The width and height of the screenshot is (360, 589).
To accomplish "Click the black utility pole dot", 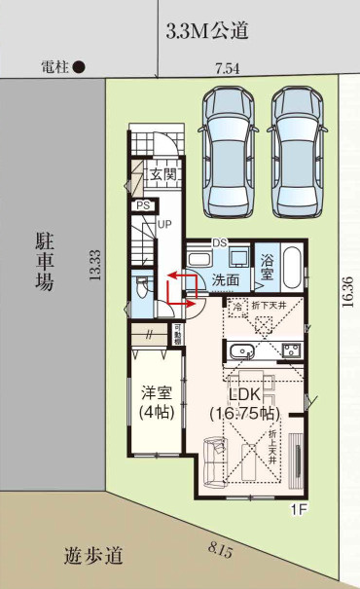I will tap(81, 67).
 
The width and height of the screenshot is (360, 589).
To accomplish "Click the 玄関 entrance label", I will tap(162, 175).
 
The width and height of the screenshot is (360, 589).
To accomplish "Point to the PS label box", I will tap(143, 205).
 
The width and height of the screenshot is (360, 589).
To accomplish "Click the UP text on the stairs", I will tap(164, 223).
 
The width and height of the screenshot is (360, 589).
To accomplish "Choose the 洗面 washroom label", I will tap(226, 278).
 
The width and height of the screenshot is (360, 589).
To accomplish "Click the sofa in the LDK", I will tap(214, 458).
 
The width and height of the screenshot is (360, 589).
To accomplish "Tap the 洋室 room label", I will tap(156, 394).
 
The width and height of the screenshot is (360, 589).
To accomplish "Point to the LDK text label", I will tap(245, 394).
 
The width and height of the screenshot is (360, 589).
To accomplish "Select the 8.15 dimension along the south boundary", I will tap(221, 551).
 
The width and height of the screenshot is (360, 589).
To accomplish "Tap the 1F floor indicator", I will tap(300, 508).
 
